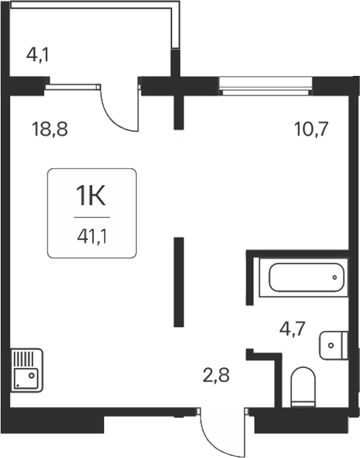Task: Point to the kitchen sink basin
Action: click(x=26, y=376)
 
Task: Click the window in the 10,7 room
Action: click(x=265, y=89)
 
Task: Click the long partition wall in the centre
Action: click(x=179, y=282)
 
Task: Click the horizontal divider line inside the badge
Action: click(x=91, y=216)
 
